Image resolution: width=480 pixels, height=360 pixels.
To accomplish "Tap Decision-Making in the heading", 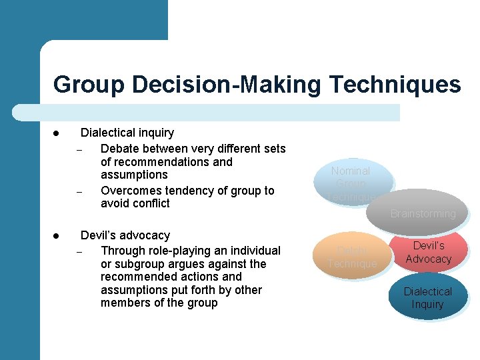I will [227, 85].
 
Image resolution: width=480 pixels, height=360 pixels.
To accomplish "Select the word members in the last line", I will [126, 303].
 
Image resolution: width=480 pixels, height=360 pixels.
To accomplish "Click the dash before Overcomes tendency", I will [78, 192].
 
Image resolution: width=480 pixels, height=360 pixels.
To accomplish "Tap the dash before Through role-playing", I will [78, 252].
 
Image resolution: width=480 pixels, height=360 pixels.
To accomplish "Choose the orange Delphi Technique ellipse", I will [352, 257].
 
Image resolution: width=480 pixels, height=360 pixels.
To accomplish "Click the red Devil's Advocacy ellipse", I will [429, 251].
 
